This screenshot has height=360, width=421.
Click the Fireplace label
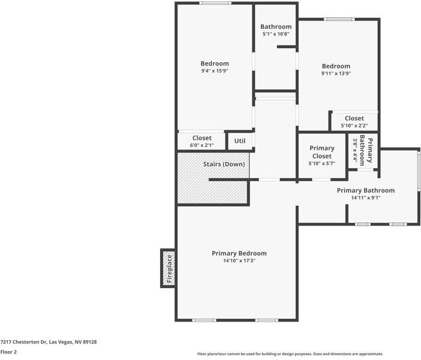point(169,269)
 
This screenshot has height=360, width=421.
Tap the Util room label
point(240,141)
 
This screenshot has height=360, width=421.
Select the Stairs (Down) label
point(224,164)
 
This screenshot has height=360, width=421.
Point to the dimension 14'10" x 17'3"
point(239,260)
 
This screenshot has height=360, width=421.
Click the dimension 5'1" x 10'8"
point(276,34)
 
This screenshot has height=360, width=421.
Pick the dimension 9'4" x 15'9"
point(215,71)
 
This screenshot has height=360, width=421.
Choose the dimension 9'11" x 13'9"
point(336,73)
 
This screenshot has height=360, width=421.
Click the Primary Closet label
point(322,152)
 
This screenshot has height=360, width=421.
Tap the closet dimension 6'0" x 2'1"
point(202,145)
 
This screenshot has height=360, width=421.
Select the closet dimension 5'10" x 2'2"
point(354,125)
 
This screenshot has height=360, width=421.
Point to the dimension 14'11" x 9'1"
point(366,198)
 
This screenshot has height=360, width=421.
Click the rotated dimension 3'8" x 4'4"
point(355,151)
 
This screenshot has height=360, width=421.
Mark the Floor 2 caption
point(8,352)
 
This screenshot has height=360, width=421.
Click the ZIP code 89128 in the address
point(90,342)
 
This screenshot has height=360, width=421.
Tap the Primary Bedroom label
point(239,253)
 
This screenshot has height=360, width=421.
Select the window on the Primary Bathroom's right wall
point(419,171)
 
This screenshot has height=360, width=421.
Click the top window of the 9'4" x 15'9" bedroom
point(215,3)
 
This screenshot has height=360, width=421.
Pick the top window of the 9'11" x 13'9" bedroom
point(339,19)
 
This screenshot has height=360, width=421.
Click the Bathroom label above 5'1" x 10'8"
point(276,26)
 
